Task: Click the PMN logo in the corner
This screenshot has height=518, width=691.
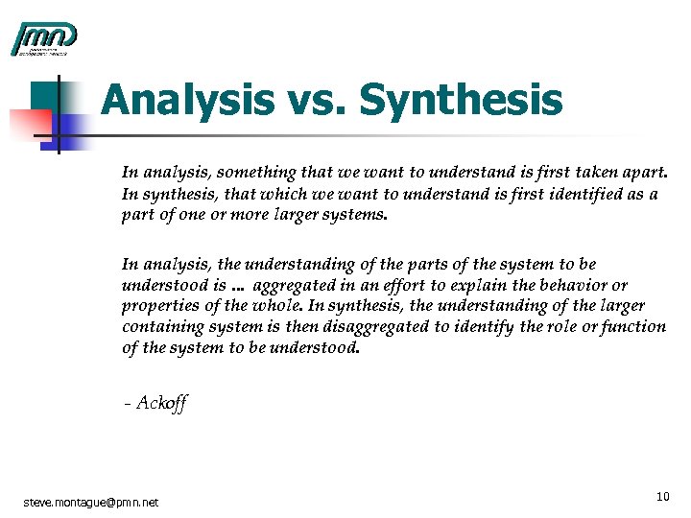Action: tap(43, 38)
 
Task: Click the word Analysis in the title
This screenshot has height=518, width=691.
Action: tap(179, 100)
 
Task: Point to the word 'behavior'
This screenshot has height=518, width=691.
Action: tap(580, 285)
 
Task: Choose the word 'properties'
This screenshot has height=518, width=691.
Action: tap(158, 306)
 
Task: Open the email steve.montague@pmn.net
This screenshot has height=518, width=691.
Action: tap(91, 502)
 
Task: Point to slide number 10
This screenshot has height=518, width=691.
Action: tap(662, 496)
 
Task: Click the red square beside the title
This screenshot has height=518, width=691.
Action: tap(29, 122)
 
